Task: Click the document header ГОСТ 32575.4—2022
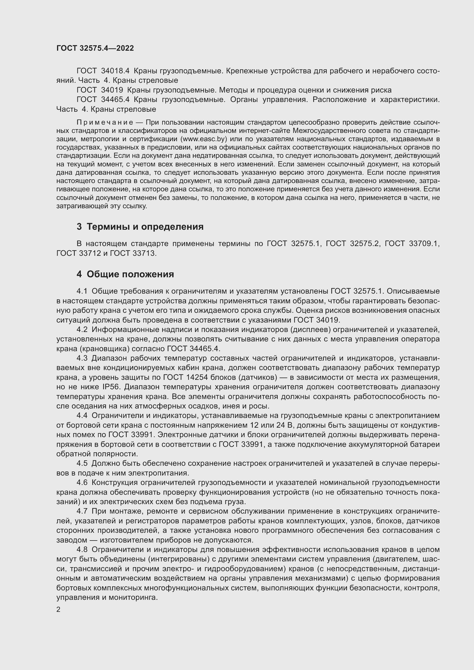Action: pyautogui.click(x=95, y=48)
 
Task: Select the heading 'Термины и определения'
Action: pyautogui.click(x=145, y=227)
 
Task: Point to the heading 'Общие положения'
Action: pyautogui.click(x=130, y=274)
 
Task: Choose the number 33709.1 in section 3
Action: pyautogui.click(x=424, y=244)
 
